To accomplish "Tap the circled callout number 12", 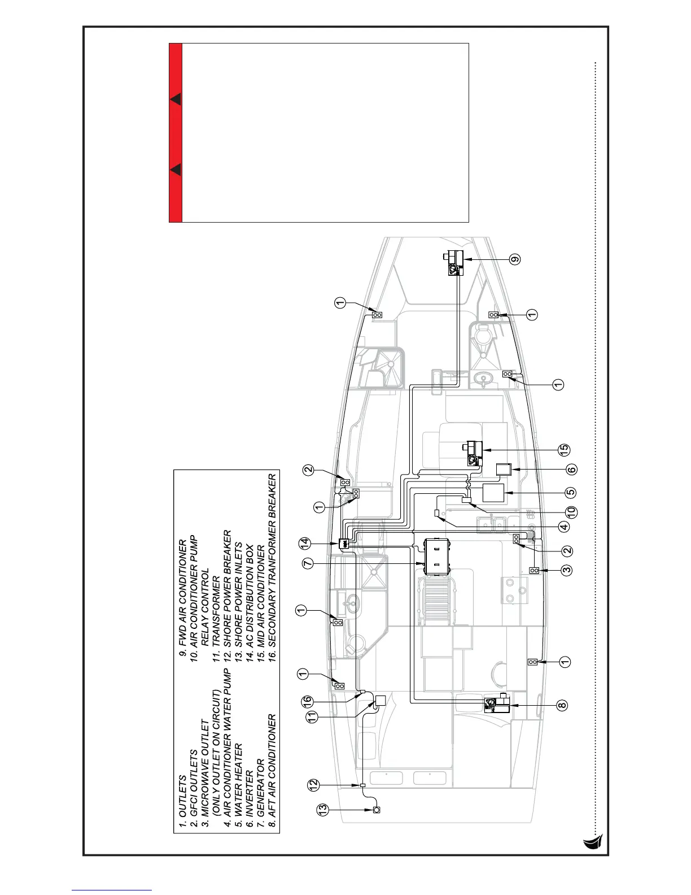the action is tap(313, 785).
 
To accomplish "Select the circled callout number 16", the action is tap(307, 700).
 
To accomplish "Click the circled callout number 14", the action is tap(306, 544).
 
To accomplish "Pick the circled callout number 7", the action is tap(307, 563).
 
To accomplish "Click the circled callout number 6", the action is tap(571, 470).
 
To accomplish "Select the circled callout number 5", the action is tap(571, 492).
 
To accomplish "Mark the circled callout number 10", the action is tap(571, 513).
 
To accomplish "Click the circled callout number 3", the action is tap(567, 570).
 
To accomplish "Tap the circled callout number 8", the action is tap(561, 705).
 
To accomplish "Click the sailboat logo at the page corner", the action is tap(593, 842).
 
